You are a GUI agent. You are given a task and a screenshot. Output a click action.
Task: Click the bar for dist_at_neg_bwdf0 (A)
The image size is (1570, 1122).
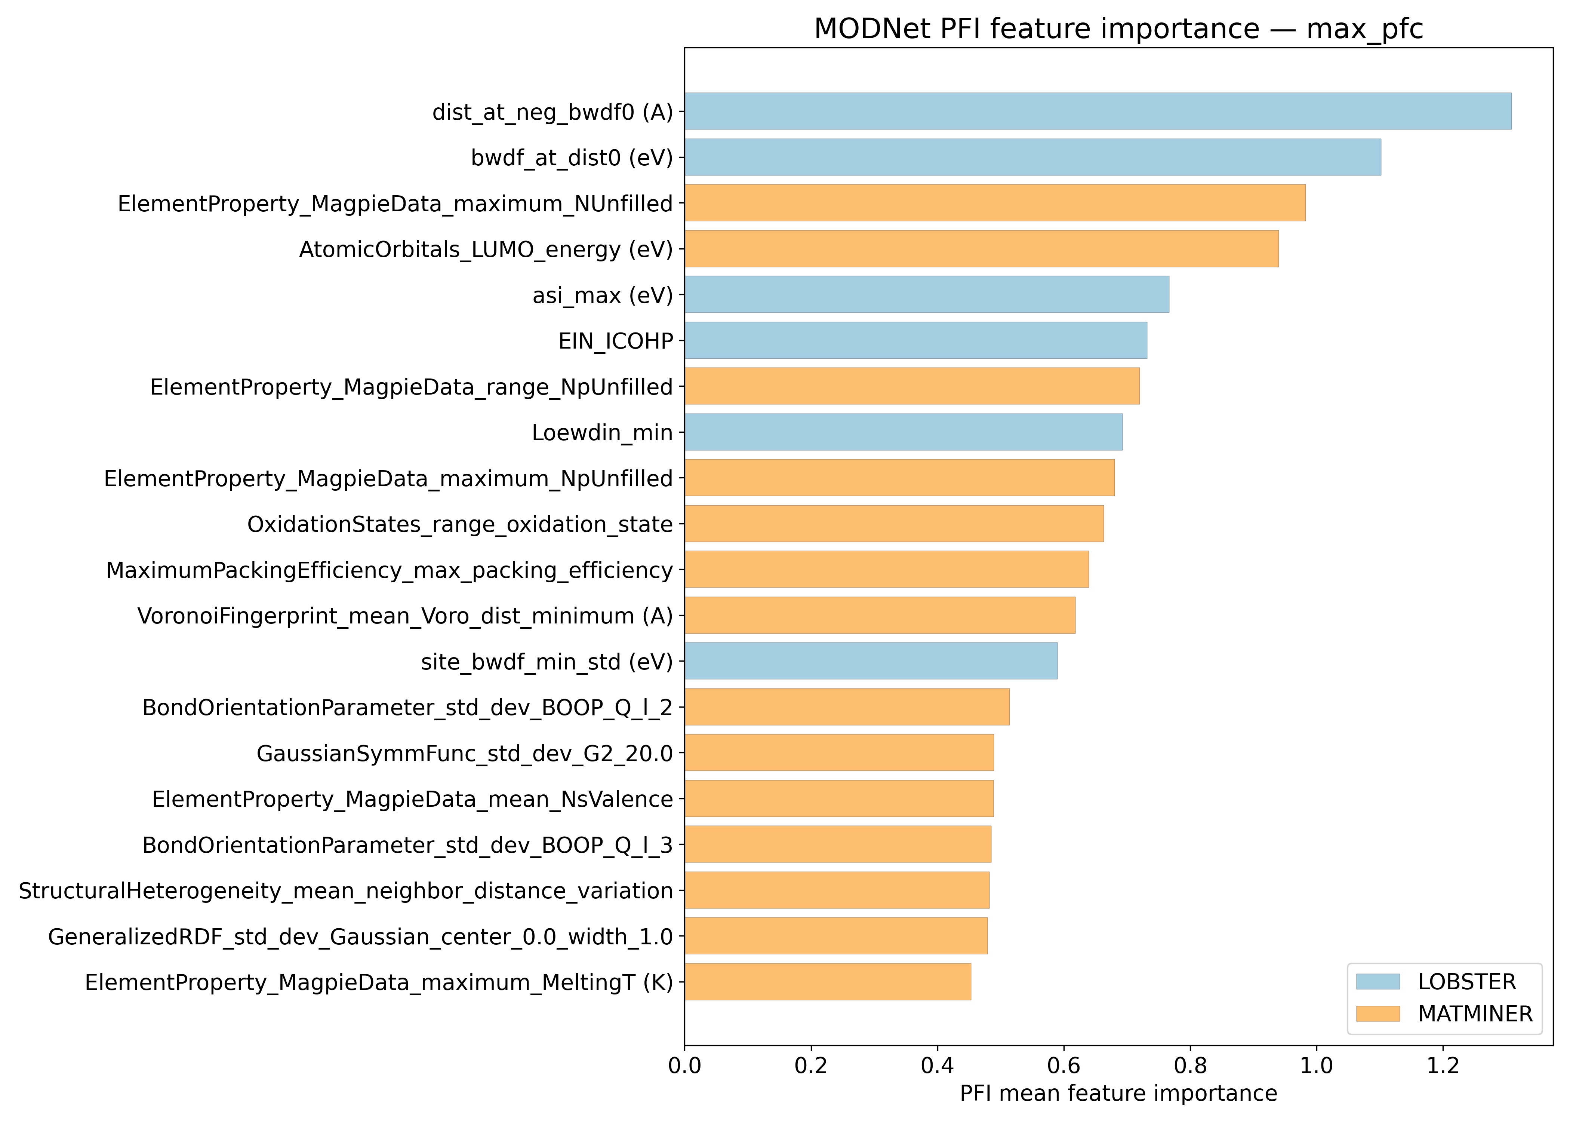click(1098, 111)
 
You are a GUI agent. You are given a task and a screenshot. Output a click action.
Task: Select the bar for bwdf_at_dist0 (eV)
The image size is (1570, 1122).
click(1033, 157)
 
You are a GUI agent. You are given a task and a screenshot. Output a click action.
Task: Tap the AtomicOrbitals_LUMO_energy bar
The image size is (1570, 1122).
click(981, 249)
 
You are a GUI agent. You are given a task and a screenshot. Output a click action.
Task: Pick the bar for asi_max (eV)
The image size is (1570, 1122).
click(927, 294)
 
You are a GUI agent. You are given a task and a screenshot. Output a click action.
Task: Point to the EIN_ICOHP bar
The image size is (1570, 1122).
click(915, 340)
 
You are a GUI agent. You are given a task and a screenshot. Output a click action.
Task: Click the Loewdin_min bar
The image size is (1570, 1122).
click(903, 432)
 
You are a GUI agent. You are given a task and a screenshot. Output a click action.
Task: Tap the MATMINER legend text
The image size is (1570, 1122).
click(1475, 1014)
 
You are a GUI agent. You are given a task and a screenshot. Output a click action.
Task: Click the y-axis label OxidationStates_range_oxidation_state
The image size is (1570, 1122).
click(460, 524)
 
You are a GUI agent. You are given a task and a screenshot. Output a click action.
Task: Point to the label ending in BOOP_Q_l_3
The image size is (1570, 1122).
click(407, 845)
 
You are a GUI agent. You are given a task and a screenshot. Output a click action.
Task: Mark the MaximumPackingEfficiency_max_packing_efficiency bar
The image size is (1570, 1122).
click(887, 569)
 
